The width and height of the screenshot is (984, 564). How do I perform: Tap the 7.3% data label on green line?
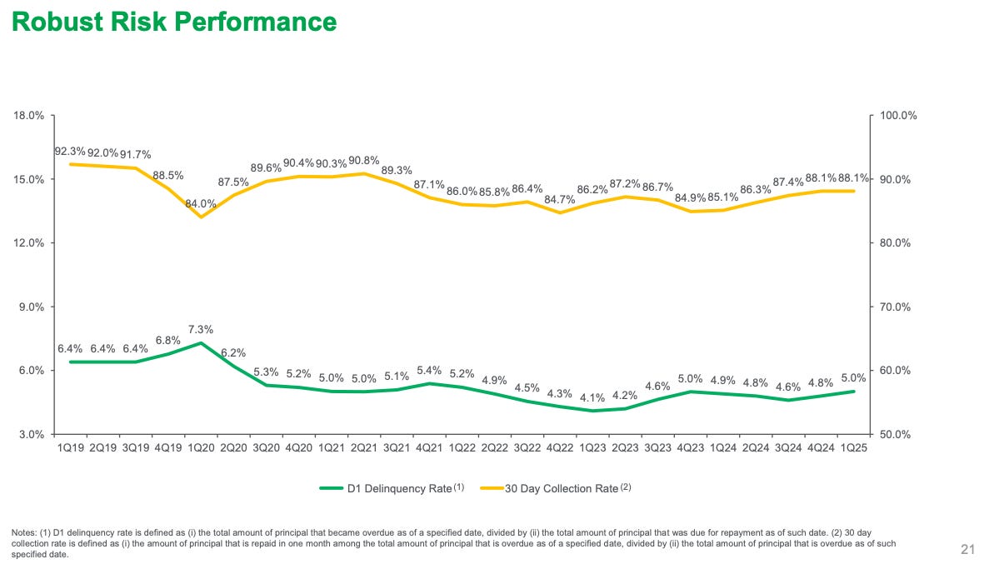click(200, 330)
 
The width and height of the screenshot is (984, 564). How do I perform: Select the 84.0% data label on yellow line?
click(200, 203)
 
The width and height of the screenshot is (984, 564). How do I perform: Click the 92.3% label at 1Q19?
click(69, 152)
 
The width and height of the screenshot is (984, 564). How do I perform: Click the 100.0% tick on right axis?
click(899, 116)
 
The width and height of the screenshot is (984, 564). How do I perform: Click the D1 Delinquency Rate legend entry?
click(399, 488)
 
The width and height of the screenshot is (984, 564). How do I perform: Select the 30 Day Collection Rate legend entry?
click(561, 488)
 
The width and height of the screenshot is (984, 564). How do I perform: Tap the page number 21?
click(967, 548)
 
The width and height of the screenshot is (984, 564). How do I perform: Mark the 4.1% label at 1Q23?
click(592, 397)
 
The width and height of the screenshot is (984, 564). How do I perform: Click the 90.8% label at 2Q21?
click(363, 160)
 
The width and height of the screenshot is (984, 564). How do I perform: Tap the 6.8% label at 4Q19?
click(168, 340)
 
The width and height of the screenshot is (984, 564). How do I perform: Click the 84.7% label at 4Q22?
click(560, 199)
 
